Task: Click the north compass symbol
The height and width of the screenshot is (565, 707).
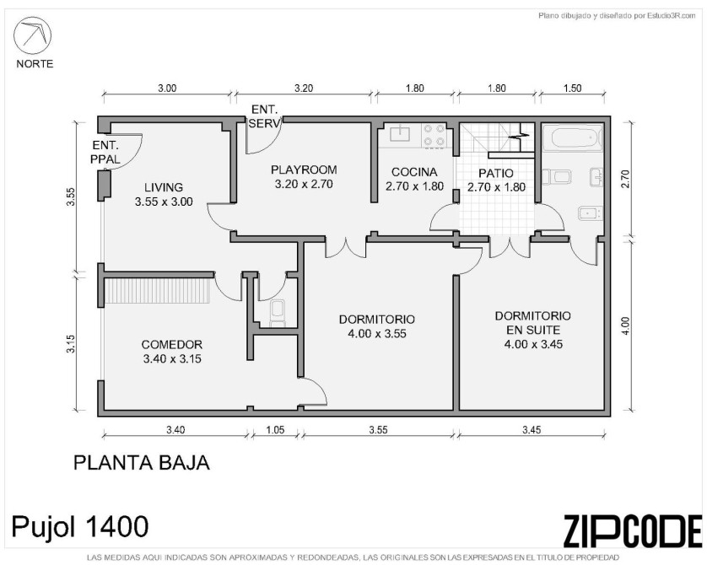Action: pyautogui.click(x=32, y=35)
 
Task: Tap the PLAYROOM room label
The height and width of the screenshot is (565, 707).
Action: pyautogui.click(x=304, y=169)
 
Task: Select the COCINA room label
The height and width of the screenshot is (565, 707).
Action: pyautogui.click(x=414, y=172)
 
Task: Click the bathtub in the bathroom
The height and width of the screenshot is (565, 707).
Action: pyautogui.click(x=573, y=137)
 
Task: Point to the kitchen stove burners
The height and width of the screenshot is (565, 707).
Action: pyautogui.click(x=434, y=136)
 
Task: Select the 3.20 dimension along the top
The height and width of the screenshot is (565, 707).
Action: pyautogui.click(x=304, y=89)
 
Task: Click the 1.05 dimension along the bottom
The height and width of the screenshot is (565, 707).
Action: pyautogui.click(x=275, y=430)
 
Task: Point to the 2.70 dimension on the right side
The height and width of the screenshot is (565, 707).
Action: pyautogui.click(x=625, y=179)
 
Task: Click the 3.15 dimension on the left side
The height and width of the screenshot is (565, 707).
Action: pyautogui.click(x=71, y=343)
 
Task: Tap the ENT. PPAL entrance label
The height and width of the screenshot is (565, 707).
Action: pyautogui.click(x=105, y=153)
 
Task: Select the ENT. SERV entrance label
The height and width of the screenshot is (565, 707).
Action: pyautogui.click(x=265, y=116)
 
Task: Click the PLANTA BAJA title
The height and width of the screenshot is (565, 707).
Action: pyautogui.click(x=142, y=463)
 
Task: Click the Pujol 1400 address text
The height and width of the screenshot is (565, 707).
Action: pyautogui.click(x=80, y=527)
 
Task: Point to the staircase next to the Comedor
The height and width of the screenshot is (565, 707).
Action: pyautogui.click(x=158, y=291)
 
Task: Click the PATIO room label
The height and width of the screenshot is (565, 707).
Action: pyautogui.click(x=496, y=173)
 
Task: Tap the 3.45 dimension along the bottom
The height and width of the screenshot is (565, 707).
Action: pyautogui.click(x=532, y=430)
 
